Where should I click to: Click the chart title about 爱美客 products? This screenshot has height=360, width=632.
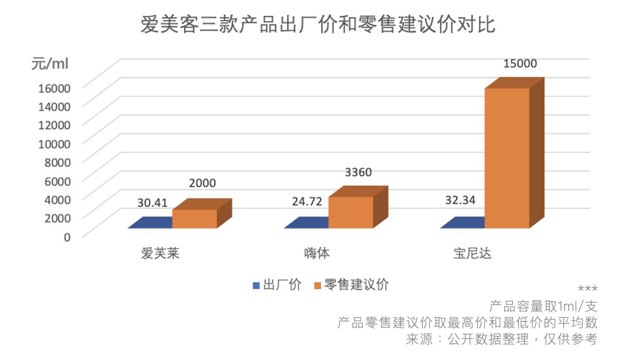tap(317, 25)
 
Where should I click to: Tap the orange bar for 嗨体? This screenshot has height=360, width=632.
tap(351, 212)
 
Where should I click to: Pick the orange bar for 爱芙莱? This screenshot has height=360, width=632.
tap(194, 219)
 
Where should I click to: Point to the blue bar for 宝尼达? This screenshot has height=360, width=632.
tap(463, 223)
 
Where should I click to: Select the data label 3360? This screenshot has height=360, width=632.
tap(358, 172)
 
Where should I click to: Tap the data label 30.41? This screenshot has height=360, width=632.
tap(152, 203)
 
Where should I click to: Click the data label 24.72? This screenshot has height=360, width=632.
tap(307, 202)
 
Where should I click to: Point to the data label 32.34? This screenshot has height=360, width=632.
tap(460, 199)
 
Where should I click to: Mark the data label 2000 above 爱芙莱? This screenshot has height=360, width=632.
tap(202, 183)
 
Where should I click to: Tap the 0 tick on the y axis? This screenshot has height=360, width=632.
tap(67, 236)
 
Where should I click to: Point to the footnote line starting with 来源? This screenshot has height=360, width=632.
tap(501, 339)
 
